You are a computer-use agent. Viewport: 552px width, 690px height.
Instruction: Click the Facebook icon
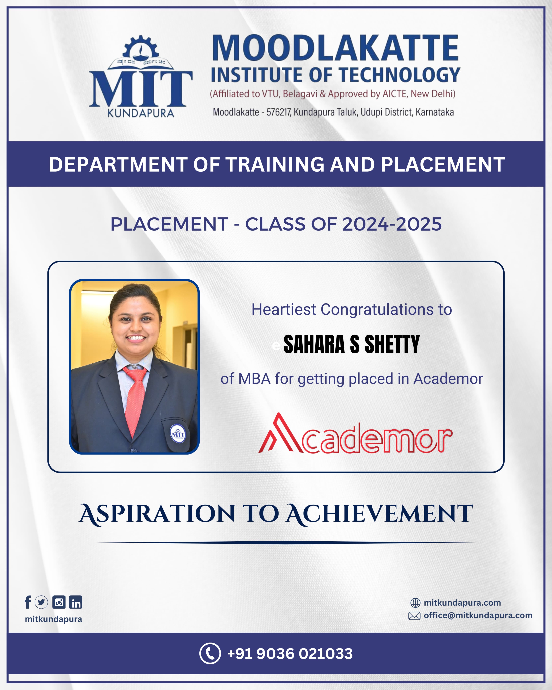(28, 602)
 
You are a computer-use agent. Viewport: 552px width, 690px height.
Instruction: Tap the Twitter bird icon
(41, 602)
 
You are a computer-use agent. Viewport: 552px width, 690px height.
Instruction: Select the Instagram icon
(59, 602)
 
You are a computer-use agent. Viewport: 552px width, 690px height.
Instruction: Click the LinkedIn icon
(75, 602)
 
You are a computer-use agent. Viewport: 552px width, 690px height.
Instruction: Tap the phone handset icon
(210, 653)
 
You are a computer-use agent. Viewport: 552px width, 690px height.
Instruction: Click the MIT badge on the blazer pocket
(178, 434)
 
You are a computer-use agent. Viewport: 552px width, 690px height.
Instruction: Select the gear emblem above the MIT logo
(141, 48)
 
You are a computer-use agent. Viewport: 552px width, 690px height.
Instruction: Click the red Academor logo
(355, 433)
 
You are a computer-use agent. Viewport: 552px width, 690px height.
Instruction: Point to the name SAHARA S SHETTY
(352, 344)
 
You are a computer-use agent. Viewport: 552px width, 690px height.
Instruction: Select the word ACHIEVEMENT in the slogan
(380, 514)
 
